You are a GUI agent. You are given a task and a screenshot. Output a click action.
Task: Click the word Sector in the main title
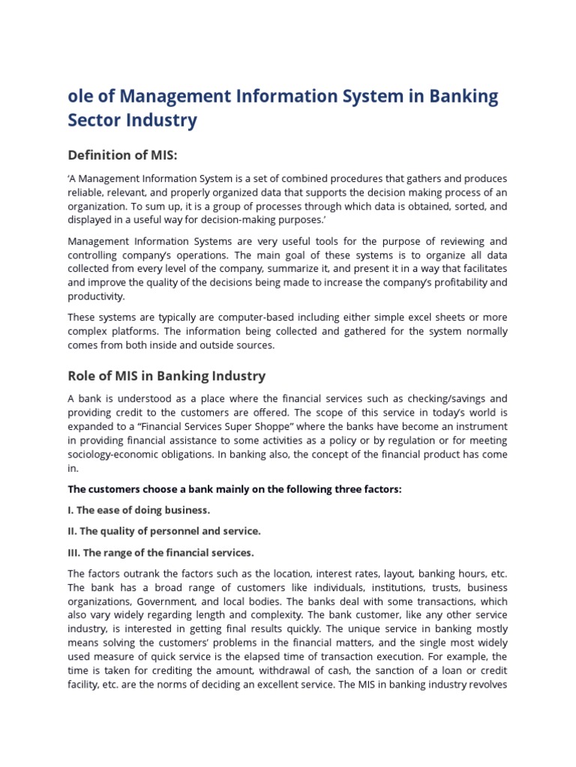(100, 120)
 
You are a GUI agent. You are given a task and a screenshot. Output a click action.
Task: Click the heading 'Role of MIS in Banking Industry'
(166, 375)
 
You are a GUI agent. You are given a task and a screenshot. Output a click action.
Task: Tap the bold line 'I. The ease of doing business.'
(139, 510)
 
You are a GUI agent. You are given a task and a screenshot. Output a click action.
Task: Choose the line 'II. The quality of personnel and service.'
(164, 531)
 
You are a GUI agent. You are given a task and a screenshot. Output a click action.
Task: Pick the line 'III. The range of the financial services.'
(161, 553)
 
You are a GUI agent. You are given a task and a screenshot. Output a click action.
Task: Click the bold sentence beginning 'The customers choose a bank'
(235, 489)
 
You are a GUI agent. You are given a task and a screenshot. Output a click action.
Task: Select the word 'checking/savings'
(442, 398)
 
